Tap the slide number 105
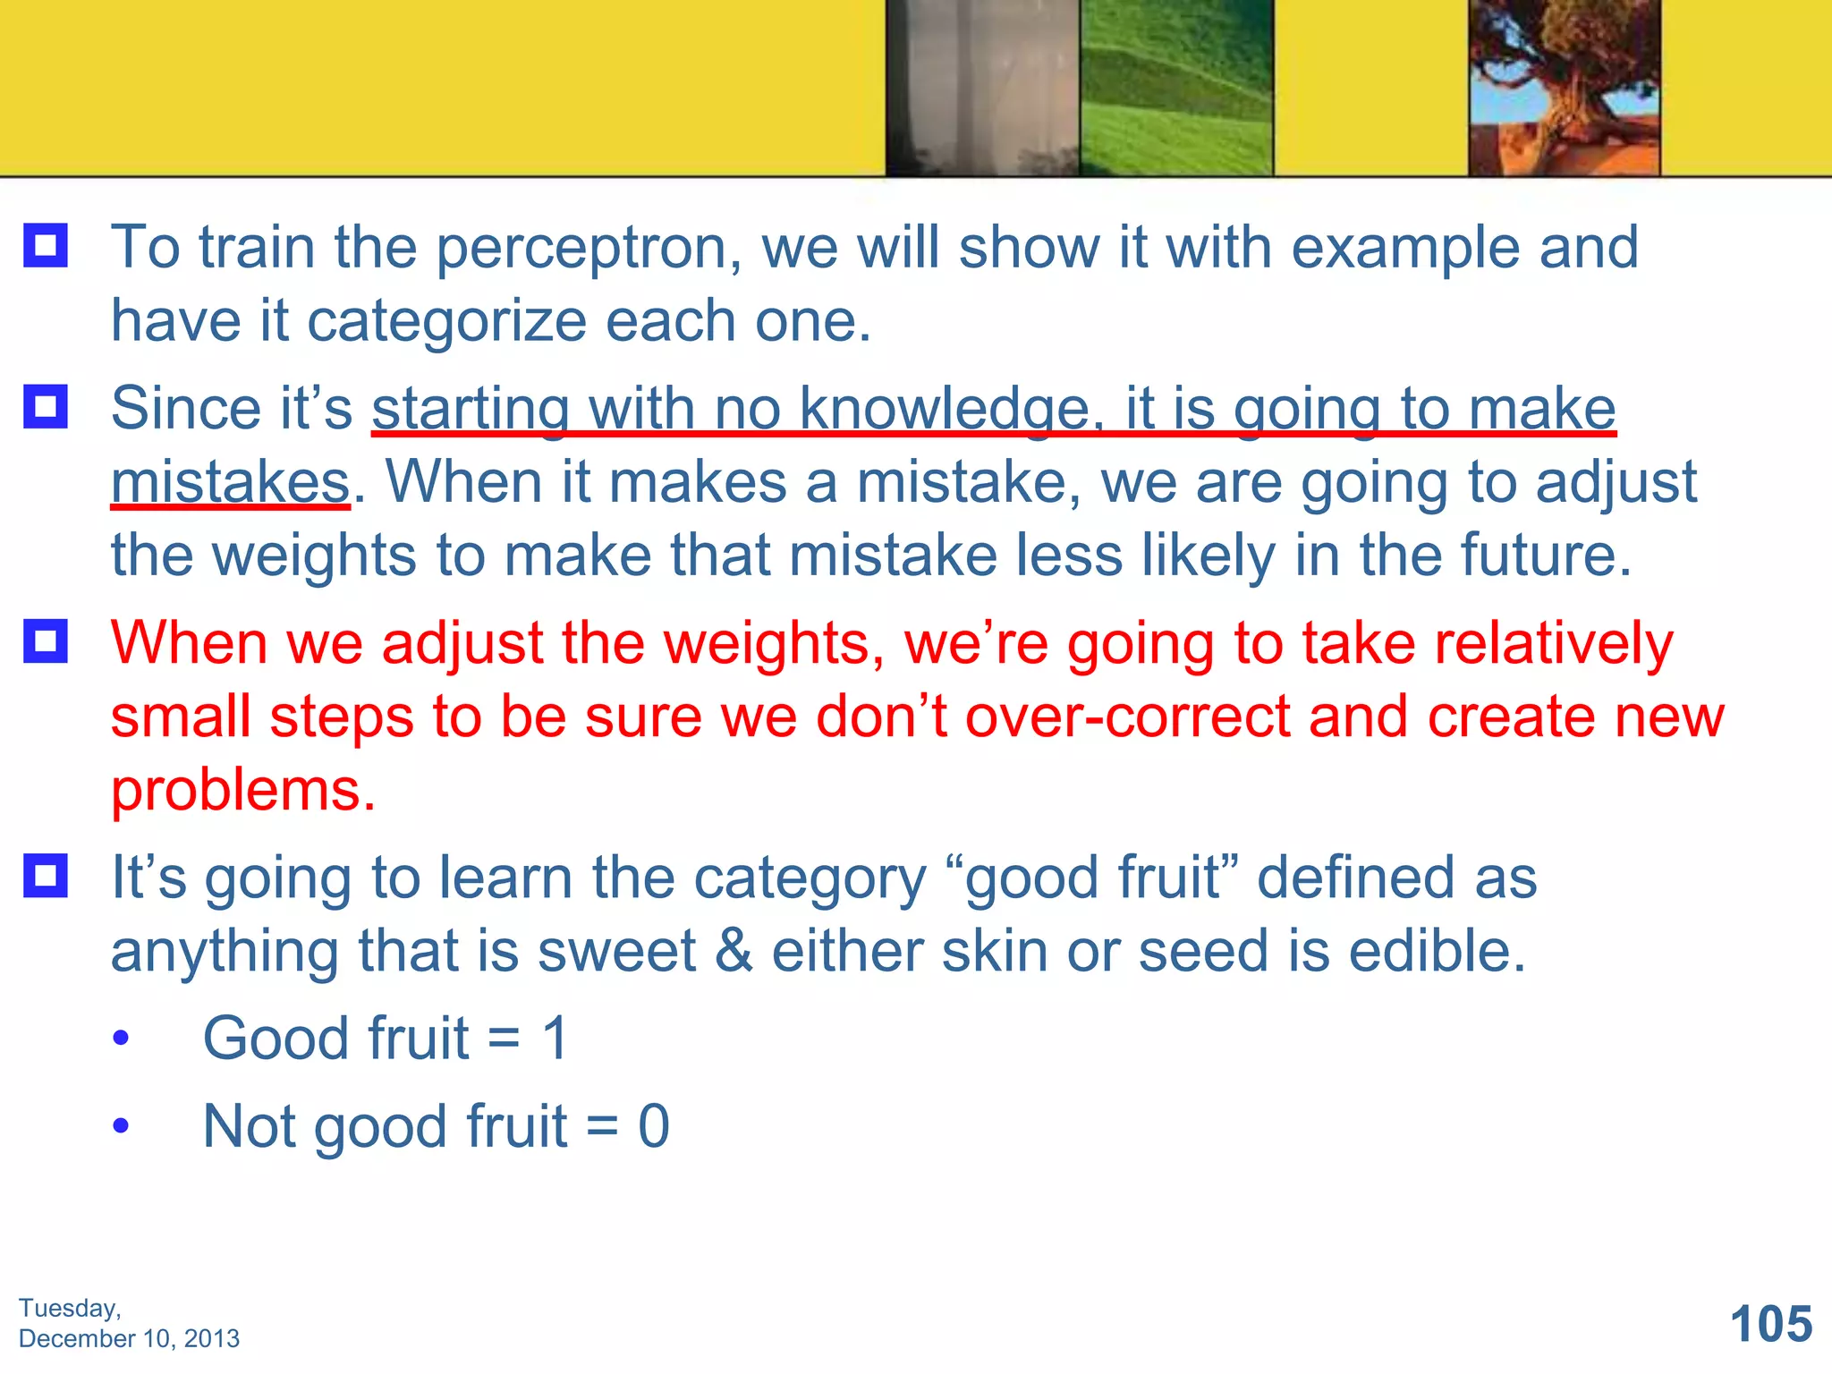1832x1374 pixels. click(x=1770, y=1324)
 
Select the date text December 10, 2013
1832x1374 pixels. click(x=129, y=1338)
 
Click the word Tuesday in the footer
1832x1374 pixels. click(x=69, y=1308)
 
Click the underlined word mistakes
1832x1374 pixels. click(x=230, y=483)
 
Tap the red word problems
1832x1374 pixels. click(x=242, y=791)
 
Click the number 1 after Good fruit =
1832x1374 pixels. click(x=555, y=1039)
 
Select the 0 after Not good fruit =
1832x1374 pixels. click(x=653, y=1126)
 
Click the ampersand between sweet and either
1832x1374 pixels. click(x=734, y=951)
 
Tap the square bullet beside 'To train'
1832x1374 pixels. click(x=46, y=245)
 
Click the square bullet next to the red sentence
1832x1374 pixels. click(x=46, y=640)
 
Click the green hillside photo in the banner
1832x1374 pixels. click(x=1175, y=87)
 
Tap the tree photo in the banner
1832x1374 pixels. click(x=1564, y=87)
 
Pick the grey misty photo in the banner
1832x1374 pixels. click(x=982, y=87)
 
